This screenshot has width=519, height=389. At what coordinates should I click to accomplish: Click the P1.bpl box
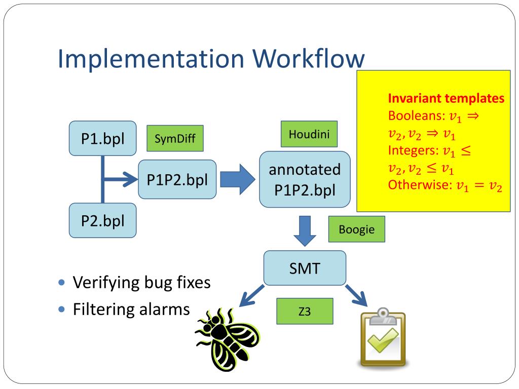point(102,138)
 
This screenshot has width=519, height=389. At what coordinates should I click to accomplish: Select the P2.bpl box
point(102,220)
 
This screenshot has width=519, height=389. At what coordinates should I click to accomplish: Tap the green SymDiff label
point(175,138)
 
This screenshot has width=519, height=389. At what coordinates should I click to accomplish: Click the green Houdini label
point(309,134)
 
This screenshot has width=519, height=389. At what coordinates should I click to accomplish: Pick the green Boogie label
point(357,229)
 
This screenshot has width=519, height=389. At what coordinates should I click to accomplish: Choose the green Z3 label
point(305,311)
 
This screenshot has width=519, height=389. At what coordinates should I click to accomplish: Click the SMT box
point(305,268)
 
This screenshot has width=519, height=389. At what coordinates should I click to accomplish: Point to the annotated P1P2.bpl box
point(305,179)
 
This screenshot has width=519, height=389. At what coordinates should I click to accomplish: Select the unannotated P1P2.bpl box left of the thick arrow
point(177,179)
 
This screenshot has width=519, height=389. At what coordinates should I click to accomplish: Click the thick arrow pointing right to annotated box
point(238,179)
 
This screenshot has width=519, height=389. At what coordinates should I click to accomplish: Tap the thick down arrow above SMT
point(305,231)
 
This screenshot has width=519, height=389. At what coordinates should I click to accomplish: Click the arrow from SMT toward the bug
point(251,296)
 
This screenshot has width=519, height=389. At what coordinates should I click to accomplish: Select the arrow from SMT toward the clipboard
point(356,295)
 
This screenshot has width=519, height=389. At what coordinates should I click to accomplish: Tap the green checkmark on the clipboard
point(383,340)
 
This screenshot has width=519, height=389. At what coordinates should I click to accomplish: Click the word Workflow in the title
point(309,59)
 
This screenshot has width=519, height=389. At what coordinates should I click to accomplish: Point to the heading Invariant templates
point(446,98)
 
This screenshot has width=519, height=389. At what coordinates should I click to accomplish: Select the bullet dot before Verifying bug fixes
point(61,282)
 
